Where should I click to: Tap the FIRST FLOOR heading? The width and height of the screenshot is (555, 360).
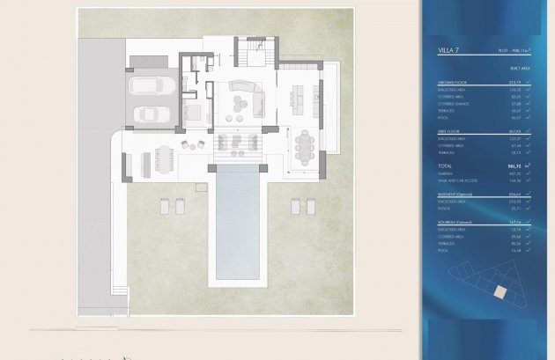(449, 129)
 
